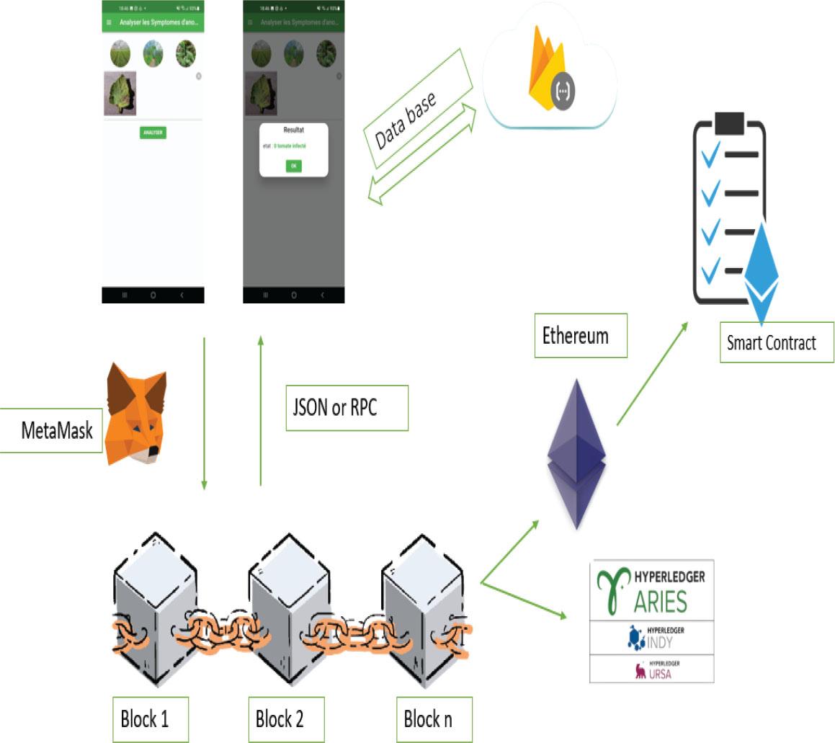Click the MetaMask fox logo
(x=136, y=415)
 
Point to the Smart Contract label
(x=771, y=342)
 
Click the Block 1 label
(x=150, y=718)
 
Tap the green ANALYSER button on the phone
(x=153, y=133)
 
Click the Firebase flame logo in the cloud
(x=545, y=68)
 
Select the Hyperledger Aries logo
(x=651, y=589)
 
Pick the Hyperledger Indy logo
(x=651, y=637)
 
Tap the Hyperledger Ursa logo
(x=651, y=669)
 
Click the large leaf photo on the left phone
(x=120, y=93)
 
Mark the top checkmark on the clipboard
(x=710, y=154)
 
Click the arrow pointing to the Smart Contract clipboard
(x=651, y=373)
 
